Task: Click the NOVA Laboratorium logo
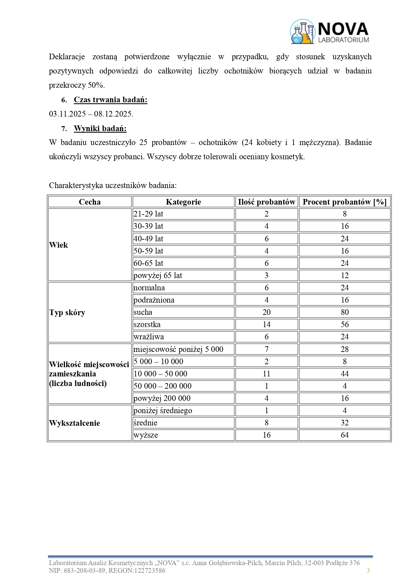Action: pos(330,32)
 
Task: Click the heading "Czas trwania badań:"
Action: pos(110,100)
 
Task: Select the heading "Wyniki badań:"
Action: pos(100,128)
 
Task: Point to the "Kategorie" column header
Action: pos(183,202)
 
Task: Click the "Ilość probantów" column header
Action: pos(266,202)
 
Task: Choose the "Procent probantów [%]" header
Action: pos(344,202)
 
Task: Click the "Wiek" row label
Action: pos(59,245)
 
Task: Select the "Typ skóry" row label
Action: pos(67,313)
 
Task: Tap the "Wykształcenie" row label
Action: pos(75,423)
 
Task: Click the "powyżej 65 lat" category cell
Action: pos(158,275)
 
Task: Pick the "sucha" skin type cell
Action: pos(143,312)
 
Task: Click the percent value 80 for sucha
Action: pos(344,312)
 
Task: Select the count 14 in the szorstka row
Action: pos(266,324)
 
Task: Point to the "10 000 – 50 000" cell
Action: pos(160,374)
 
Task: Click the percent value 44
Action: pos(344,374)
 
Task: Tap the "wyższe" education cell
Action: pos(146,435)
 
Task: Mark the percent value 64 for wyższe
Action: pos(344,435)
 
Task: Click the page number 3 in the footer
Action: pos(368,570)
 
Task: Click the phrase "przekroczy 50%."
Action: pos(77,85)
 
